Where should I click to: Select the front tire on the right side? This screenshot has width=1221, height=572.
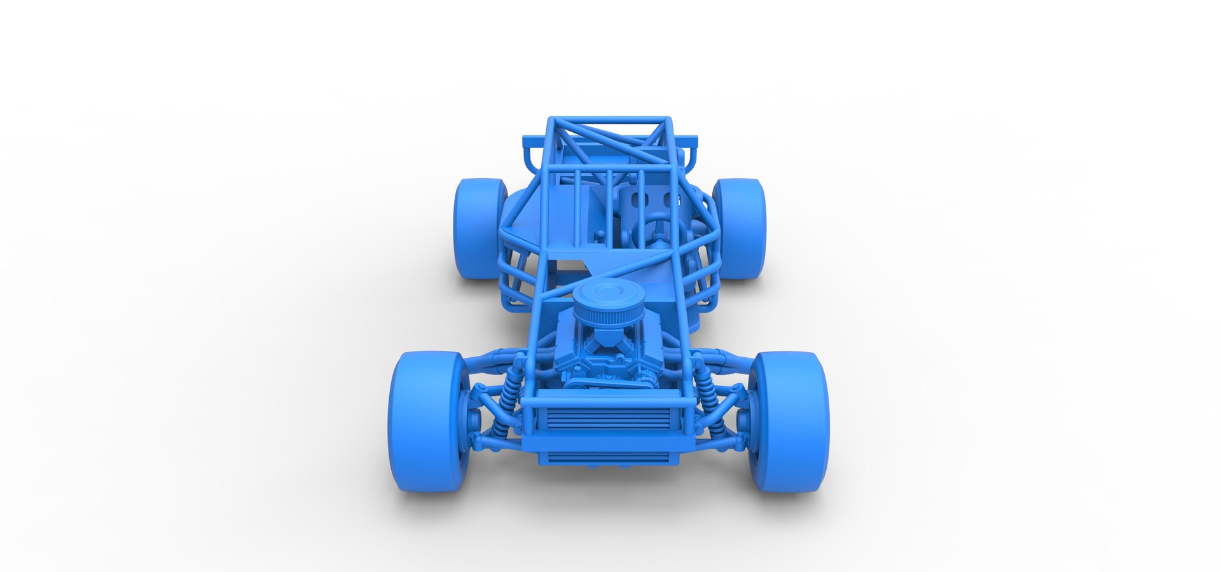790,421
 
